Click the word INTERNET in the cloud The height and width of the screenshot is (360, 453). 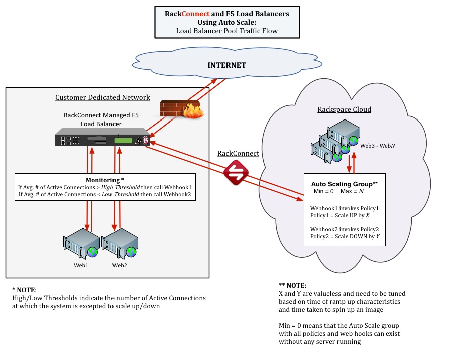[x=227, y=65]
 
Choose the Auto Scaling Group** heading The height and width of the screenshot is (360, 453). [x=344, y=184]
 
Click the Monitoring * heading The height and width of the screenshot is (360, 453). [x=105, y=180]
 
